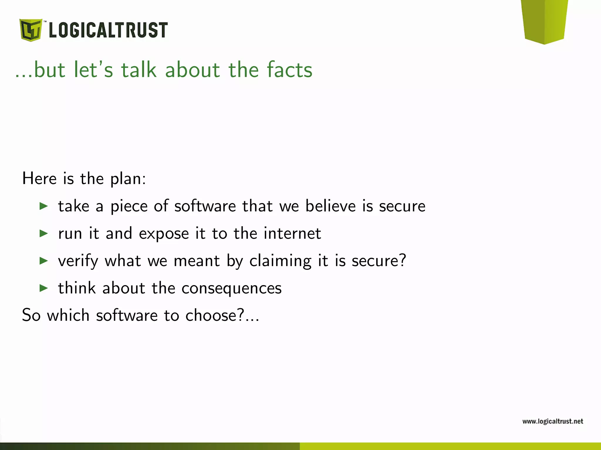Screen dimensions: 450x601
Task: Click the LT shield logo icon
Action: pos(31,30)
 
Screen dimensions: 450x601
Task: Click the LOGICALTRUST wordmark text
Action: pos(108,30)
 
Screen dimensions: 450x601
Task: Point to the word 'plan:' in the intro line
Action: pos(128,179)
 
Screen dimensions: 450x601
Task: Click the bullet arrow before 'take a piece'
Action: pos(44,206)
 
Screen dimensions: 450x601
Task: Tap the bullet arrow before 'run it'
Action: pos(44,233)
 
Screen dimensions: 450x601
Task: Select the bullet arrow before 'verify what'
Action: pos(44,261)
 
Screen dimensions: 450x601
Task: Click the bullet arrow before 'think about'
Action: pos(44,288)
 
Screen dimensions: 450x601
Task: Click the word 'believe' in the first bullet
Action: pos(330,206)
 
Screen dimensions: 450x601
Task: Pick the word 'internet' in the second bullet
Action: pos(292,233)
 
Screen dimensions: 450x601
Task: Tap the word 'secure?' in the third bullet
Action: pos(379,260)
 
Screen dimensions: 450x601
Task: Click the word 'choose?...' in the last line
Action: pos(222,316)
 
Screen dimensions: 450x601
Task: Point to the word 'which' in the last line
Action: pos(68,316)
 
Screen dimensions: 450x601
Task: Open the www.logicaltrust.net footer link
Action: pos(553,421)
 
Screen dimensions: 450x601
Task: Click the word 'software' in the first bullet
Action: pos(205,206)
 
